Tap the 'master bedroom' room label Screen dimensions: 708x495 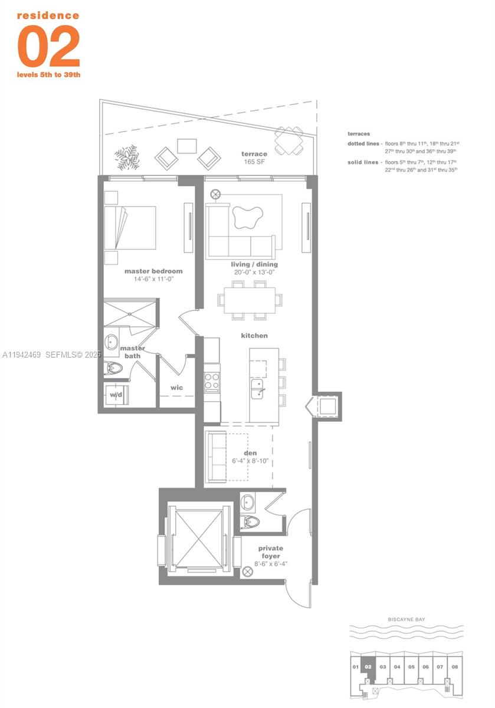coord(153,271)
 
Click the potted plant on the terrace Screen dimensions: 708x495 coord(128,156)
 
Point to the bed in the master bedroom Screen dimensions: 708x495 coord(131,228)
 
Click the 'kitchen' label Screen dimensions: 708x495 coord(254,336)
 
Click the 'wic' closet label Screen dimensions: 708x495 coord(176,388)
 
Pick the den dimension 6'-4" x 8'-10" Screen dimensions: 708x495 coord(250,460)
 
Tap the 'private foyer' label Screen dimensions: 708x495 coord(270,552)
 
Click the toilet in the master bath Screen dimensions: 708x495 coord(113,369)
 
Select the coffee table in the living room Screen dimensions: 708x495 coord(247,218)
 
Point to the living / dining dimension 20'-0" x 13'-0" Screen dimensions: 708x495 coord(254,273)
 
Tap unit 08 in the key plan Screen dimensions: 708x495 coord(454,667)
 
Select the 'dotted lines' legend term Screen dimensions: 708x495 coord(364,143)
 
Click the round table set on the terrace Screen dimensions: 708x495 coord(289,141)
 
